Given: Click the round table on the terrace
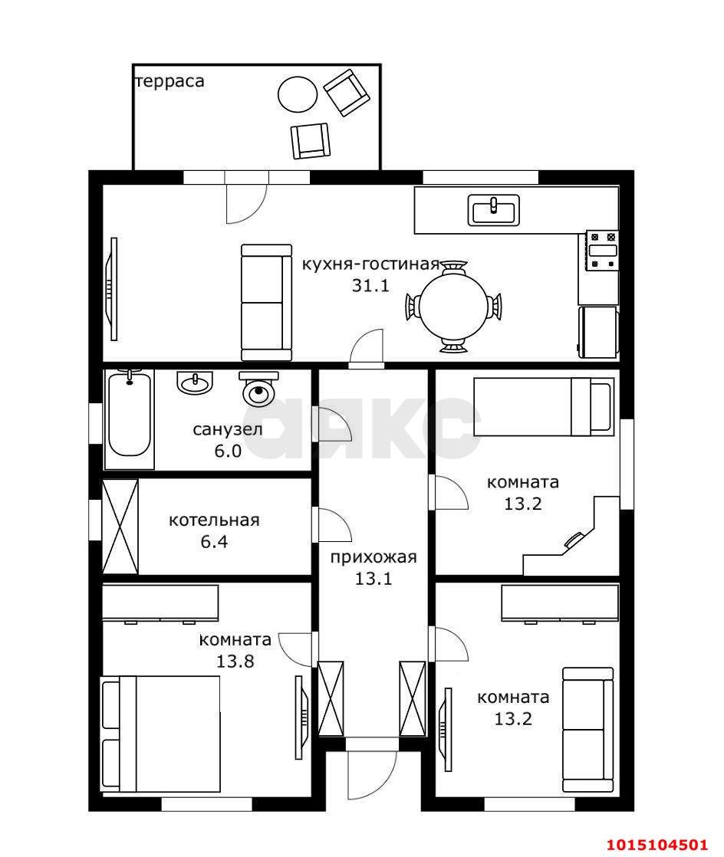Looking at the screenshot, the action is click(x=298, y=94).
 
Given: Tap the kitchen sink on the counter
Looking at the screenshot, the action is click(x=493, y=210).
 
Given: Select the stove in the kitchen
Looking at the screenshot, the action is click(x=602, y=251).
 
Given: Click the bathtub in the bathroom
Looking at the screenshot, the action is click(x=129, y=419).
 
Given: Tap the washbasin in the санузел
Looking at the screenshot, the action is click(x=194, y=382).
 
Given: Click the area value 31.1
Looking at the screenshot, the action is click(x=370, y=285).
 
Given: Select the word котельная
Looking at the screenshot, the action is click(x=214, y=520).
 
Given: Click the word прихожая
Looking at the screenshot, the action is click(x=374, y=557).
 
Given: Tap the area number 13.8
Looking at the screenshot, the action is click(x=235, y=662).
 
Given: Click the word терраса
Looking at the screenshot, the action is click(x=169, y=81).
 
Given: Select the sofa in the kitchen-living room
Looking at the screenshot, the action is click(x=266, y=302).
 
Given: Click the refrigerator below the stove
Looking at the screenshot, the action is click(x=599, y=332).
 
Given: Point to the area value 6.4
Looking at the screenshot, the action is click(x=214, y=542).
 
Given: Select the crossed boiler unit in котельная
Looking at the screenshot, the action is click(x=120, y=527).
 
